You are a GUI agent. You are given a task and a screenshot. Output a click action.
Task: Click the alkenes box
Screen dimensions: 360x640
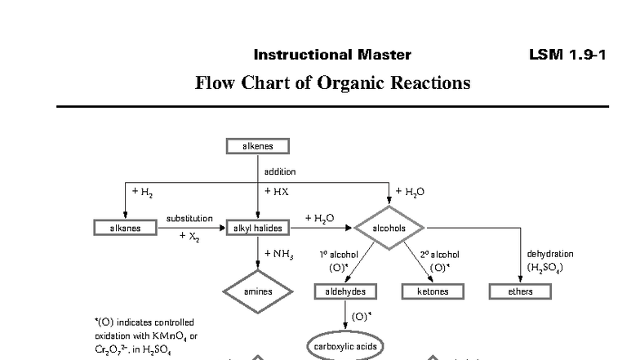pos(257,146)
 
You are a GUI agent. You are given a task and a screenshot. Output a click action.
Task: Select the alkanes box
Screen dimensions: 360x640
pos(125,228)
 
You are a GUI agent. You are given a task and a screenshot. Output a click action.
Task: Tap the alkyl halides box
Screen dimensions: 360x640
pos(257,228)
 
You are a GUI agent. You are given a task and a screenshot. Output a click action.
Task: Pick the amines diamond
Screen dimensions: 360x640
pos(257,291)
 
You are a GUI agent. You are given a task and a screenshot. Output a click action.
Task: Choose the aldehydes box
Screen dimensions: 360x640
pos(345,291)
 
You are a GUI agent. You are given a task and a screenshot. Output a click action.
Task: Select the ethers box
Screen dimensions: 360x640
pos(520,291)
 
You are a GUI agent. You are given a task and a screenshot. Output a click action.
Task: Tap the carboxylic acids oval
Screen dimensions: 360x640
pos(345,346)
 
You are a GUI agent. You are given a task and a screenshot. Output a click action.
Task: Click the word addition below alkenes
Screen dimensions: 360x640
pos(279,171)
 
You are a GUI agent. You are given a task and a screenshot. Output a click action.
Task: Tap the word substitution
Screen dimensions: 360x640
pos(189,219)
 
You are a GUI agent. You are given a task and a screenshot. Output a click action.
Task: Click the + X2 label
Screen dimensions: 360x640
pos(189,237)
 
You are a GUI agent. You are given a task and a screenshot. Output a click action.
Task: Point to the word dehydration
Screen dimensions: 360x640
pos(550,254)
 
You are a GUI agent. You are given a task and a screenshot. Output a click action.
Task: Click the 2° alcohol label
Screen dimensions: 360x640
pos(439,255)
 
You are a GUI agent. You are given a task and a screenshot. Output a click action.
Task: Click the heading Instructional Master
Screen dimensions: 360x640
pos(332,56)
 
